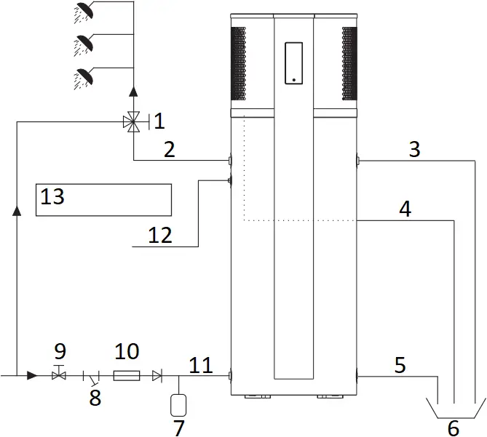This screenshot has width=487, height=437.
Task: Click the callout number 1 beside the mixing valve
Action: [x=160, y=118]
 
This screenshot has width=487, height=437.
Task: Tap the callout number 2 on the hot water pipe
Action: [x=169, y=150]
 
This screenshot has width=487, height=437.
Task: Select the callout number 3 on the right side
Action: [x=414, y=149]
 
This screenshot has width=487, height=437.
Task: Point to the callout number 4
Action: [x=405, y=209]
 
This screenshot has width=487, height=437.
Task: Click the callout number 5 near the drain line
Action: [x=400, y=364]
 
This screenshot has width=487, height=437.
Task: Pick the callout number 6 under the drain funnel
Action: [x=453, y=428]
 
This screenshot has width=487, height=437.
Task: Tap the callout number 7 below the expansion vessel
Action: [x=178, y=428]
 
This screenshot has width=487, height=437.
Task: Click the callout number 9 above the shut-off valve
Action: [x=60, y=352]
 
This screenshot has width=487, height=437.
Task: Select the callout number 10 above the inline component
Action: [x=127, y=352]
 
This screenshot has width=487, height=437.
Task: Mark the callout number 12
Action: [x=161, y=235]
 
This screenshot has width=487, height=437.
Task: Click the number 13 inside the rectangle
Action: [x=52, y=196]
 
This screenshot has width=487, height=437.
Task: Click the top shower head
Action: [x=85, y=10]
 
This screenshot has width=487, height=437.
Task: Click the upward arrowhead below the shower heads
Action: [x=133, y=92]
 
